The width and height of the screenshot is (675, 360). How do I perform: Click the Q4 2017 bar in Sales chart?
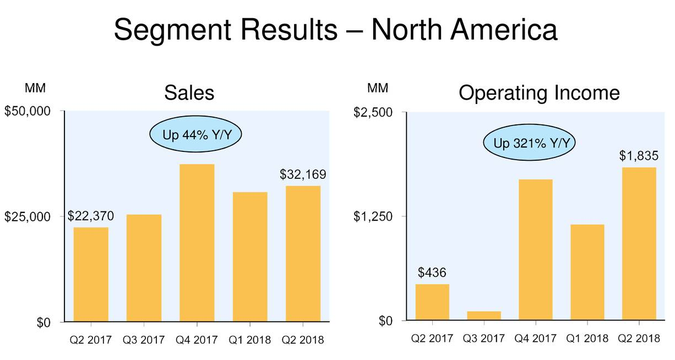(197, 242)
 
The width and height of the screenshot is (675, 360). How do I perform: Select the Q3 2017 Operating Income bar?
(484, 315)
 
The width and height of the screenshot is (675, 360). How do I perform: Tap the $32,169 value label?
(303, 175)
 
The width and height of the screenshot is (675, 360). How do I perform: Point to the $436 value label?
(432, 272)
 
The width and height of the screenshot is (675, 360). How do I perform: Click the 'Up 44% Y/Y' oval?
(195, 135)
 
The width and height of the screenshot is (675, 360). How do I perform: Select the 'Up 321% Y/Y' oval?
(530, 144)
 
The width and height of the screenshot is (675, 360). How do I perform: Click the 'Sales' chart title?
(189, 93)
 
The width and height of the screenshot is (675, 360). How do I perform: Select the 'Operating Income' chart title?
(539, 93)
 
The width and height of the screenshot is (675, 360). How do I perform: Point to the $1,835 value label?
(639, 156)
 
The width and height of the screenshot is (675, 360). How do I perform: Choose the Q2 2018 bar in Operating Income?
(639, 243)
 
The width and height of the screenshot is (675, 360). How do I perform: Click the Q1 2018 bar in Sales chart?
(250, 257)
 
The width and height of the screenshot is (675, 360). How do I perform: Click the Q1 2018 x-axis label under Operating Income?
(587, 339)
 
